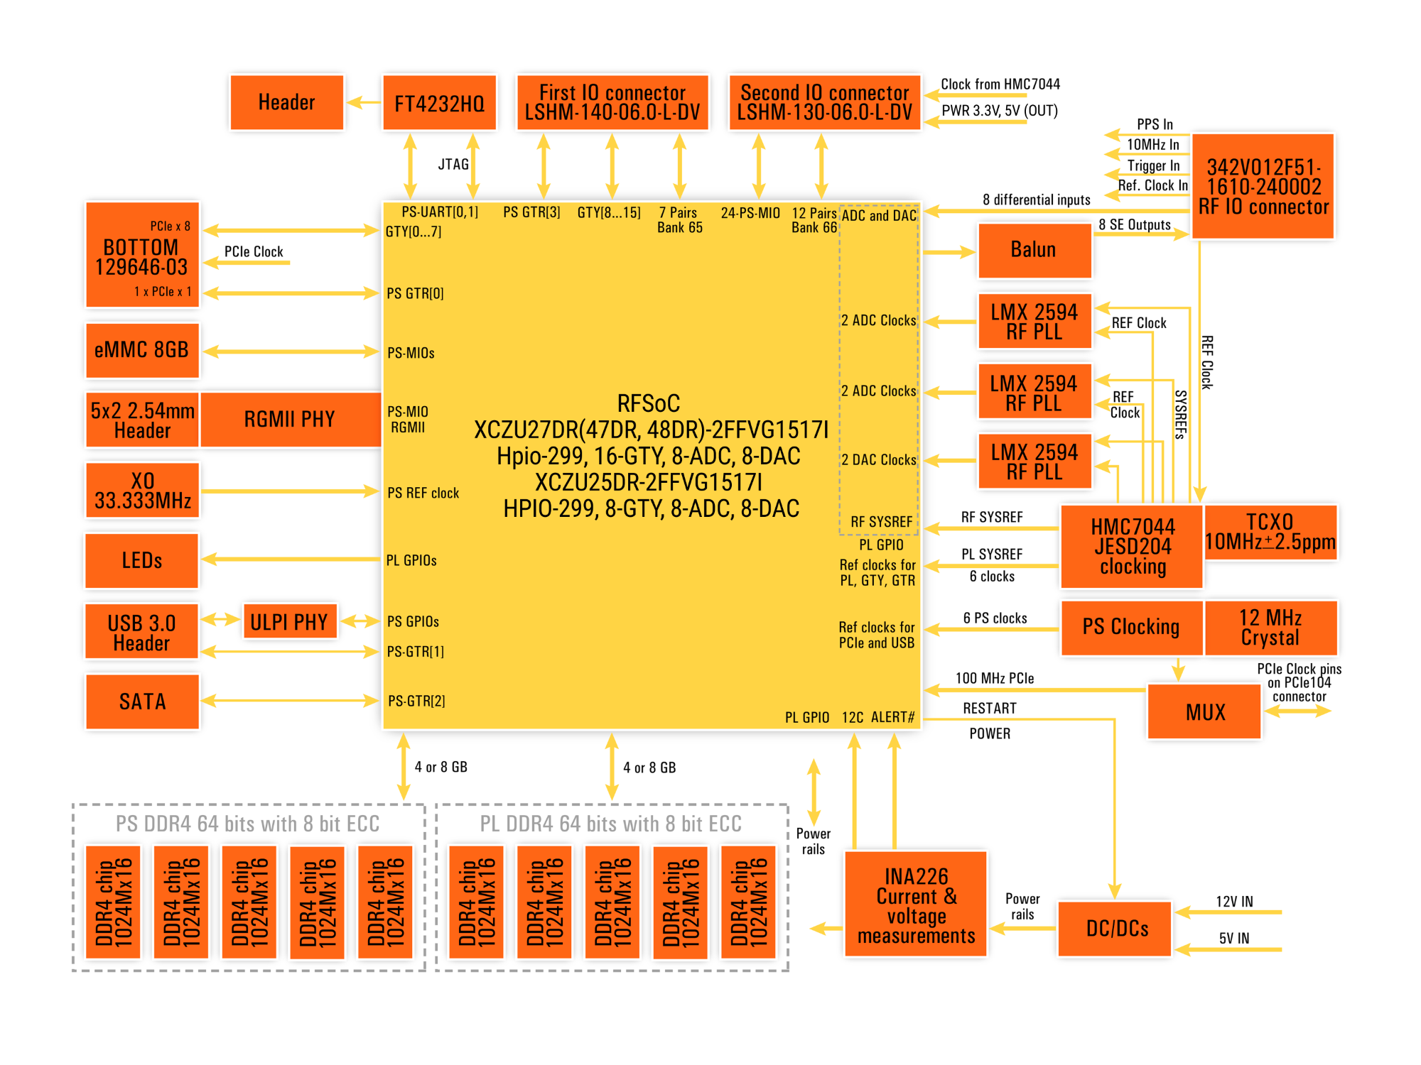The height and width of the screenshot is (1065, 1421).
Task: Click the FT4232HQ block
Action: click(439, 103)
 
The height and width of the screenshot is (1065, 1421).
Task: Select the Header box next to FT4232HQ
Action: click(286, 103)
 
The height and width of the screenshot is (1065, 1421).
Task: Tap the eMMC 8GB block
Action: click(142, 350)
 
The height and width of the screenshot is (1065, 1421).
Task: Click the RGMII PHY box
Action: click(290, 419)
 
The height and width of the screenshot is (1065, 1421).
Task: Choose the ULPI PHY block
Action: click(288, 622)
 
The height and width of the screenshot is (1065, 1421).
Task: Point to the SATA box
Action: click(142, 701)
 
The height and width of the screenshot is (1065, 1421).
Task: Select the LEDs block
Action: click(142, 560)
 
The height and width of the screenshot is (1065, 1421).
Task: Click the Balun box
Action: click(1034, 250)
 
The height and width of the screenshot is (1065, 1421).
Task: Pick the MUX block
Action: click(1205, 712)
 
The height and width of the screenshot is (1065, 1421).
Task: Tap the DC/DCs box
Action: click(1116, 929)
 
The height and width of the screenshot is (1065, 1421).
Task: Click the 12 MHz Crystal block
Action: click(1270, 628)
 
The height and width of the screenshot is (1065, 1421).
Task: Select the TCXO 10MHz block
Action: click(1270, 532)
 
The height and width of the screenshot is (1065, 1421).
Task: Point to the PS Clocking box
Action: click(1131, 628)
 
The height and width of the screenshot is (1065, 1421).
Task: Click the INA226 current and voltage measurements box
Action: click(916, 905)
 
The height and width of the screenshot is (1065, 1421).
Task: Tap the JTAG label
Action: click(453, 165)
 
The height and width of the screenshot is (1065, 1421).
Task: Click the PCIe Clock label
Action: click(254, 251)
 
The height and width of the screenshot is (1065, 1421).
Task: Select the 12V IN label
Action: click(1234, 902)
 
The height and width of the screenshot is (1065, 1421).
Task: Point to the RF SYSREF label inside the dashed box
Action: click(881, 522)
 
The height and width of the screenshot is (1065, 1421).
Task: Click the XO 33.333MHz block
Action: click(142, 491)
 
